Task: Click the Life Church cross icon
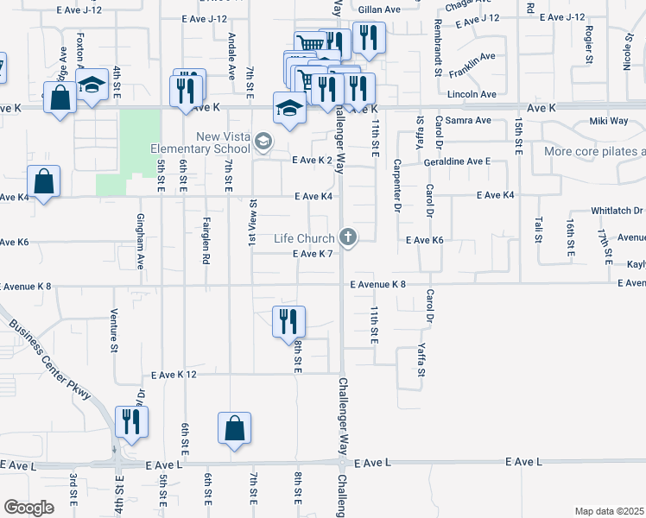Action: (x=348, y=237)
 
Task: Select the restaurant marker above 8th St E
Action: (x=288, y=321)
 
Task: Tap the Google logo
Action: (x=28, y=508)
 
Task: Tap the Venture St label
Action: (x=114, y=332)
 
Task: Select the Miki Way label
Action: (x=585, y=122)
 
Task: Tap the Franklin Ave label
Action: (x=472, y=57)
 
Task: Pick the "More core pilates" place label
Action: (x=594, y=152)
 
